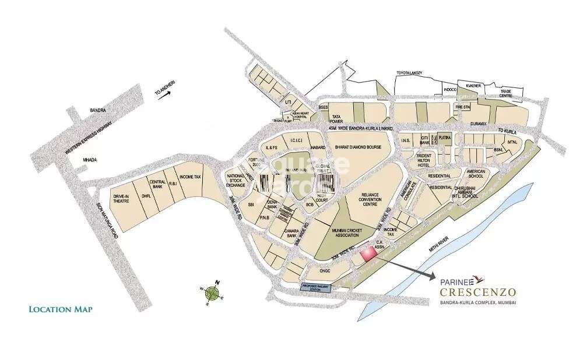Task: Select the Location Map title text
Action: pyautogui.click(x=60, y=309)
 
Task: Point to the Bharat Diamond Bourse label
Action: pyautogui.click(x=354, y=147)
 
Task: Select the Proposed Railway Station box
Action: pyautogui.click(x=315, y=287)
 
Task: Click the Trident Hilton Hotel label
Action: pyautogui.click(x=427, y=161)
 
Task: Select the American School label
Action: pyautogui.click(x=476, y=173)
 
